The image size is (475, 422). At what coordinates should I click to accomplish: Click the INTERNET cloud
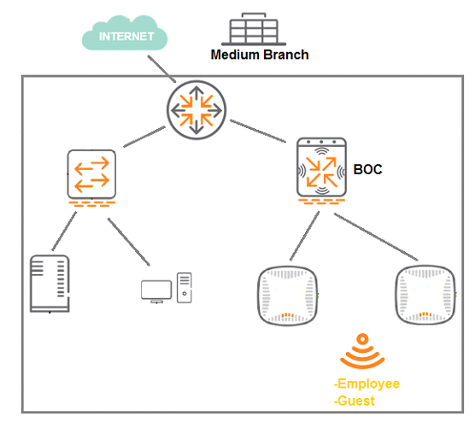(125, 33)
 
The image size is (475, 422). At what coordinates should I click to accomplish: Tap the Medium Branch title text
(260, 55)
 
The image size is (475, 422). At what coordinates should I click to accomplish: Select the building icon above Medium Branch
(254, 29)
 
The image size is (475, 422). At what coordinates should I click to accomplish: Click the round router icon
(196, 110)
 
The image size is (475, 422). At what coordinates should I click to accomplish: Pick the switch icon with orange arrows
(91, 174)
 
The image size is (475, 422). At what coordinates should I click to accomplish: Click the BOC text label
(367, 169)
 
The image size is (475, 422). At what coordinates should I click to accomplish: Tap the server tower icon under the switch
(50, 284)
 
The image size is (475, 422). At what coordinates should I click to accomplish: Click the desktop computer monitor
(156, 291)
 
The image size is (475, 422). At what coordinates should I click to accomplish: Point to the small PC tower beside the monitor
(185, 288)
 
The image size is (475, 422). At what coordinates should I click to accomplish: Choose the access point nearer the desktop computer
(287, 296)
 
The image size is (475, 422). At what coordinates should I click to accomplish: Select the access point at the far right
(425, 295)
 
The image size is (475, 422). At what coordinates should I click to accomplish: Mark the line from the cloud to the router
(161, 69)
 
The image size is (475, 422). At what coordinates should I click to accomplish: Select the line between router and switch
(144, 137)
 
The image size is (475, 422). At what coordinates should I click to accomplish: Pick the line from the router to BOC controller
(258, 131)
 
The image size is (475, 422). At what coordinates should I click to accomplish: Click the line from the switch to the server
(64, 232)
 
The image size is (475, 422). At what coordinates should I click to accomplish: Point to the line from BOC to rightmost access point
(376, 237)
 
